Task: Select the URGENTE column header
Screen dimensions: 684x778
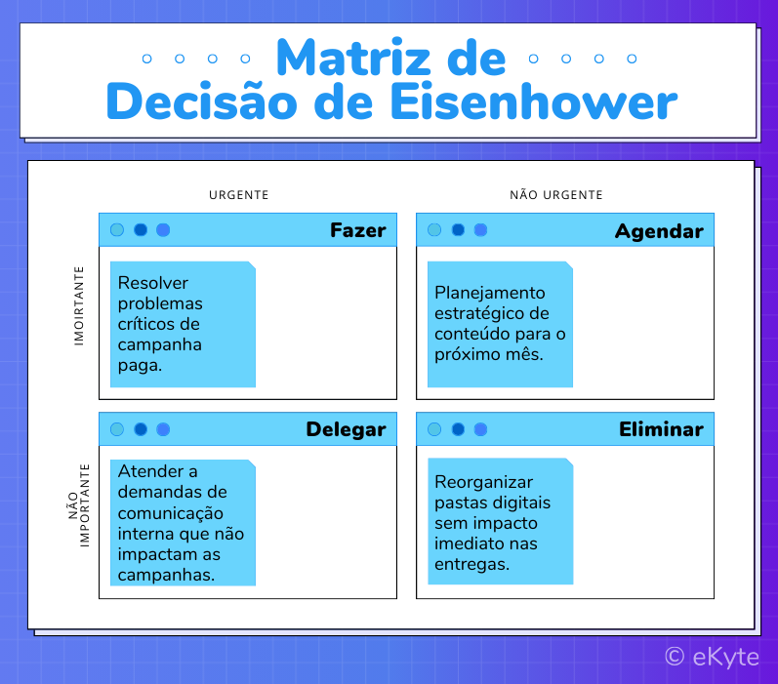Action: click(238, 195)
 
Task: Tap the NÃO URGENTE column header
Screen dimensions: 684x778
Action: click(555, 195)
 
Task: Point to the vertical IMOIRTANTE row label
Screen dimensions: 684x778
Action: click(79, 305)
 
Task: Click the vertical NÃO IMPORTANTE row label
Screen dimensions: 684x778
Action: click(78, 503)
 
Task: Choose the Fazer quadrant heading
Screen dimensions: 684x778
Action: click(357, 231)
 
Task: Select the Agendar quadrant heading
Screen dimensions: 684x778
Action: click(659, 231)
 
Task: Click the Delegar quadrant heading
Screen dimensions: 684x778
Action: click(346, 429)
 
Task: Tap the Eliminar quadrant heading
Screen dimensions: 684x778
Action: click(661, 429)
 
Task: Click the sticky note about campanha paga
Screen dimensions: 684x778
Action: click(183, 324)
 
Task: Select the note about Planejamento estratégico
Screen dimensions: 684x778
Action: click(500, 324)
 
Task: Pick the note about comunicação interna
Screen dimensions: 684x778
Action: click(183, 523)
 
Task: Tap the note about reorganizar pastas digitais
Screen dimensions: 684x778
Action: click(500, 522)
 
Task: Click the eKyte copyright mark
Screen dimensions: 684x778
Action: click(712, 657)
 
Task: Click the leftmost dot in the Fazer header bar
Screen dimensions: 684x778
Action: click(117, 230)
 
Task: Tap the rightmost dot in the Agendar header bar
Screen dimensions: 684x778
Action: click(480, 230)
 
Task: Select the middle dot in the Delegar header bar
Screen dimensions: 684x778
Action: click(141, 429)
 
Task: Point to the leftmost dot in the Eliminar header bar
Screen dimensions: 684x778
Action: click(434, 429)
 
